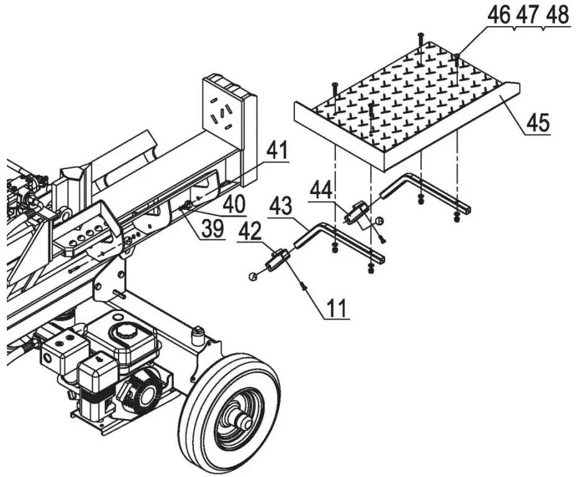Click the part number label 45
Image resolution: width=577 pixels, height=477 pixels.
pyautogui.click(x=538, y=123)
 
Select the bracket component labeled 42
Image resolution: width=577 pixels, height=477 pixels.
pyautogui.click(x=277, y=259)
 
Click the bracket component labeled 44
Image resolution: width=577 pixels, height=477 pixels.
pyautogui.click(x=356, y=212)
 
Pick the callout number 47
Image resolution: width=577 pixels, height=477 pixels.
pyautogui.click(x=527, y=16)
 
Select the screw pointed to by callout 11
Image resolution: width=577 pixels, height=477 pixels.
pyautogui.click(x=304, y=285)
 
